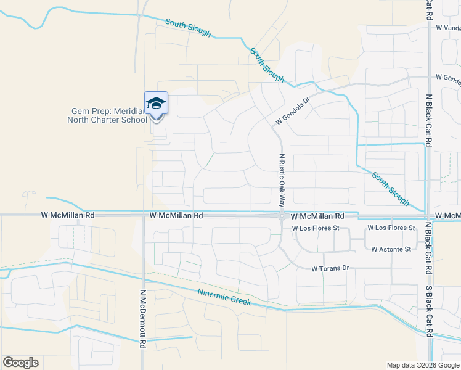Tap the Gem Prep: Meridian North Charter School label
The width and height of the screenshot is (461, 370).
[107, 115]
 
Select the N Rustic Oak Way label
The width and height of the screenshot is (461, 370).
[282, 179]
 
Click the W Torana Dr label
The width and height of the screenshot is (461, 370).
[330, 269]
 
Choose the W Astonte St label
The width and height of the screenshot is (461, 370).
[391, 249]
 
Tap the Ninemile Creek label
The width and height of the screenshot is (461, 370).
[224, 297]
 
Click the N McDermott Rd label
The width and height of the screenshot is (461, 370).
[142, 319]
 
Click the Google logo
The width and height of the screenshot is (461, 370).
[20, 363]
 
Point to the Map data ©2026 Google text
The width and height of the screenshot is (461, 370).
[423, 365]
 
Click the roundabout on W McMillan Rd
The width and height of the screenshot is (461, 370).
[281, 216]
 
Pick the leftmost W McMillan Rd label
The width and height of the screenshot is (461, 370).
[68, 216]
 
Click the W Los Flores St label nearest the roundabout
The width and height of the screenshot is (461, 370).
[316, 228]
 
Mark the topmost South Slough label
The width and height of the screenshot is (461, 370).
[188, 28]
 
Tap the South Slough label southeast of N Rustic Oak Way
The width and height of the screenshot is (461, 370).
[390, 189]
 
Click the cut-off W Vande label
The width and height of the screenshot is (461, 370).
[448, 28]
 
